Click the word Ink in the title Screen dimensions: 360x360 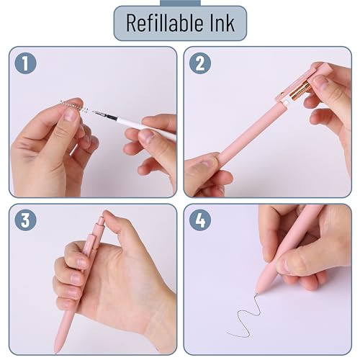click(220, 22)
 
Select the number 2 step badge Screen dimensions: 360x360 click(199, 64)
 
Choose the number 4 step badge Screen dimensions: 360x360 click(199, 221)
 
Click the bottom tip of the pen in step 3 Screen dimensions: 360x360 click(55, 348)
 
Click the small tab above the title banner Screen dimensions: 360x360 click(179, 3)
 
